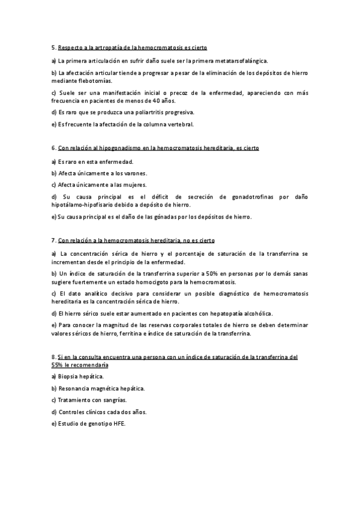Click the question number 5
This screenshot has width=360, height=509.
click(x=53, y=47)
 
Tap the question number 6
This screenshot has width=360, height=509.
click(x=53, y=148)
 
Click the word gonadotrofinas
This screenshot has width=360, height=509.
click(x=245, y=197)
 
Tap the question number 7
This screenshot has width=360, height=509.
click(x=53, y=240)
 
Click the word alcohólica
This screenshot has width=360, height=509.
click(x=256, y=313)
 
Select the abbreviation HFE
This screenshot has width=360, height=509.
click(x=119, y=424)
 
